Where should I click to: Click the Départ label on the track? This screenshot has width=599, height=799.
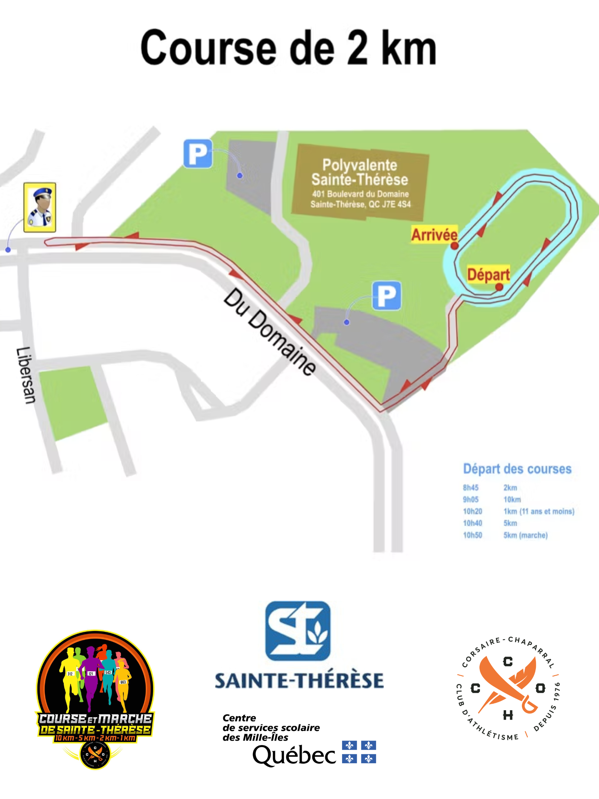click(x=488, y=274)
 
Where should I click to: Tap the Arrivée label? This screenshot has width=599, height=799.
click(x=434, y=235)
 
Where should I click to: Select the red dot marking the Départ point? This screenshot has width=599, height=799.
click(x=499, y=287)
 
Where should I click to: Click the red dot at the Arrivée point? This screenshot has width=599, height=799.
click(x=454, y=246)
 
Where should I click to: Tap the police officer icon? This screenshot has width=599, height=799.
click(x=40, y=207)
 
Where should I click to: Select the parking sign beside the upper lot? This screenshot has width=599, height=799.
click(x=198, y=154)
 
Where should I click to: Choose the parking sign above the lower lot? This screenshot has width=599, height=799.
click(x=387, y=296)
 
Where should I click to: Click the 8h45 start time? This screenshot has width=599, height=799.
click(x=470, y=488)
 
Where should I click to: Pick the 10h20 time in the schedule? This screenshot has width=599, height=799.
click(x=472, y=512)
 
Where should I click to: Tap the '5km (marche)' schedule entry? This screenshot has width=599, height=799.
click(x=526, y=535)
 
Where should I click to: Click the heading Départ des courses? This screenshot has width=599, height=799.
click(x=517, y=469)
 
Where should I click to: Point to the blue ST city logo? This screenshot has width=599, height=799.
click(x=298, y=631)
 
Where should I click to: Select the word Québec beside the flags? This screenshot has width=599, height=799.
click(x=294, y=755)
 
